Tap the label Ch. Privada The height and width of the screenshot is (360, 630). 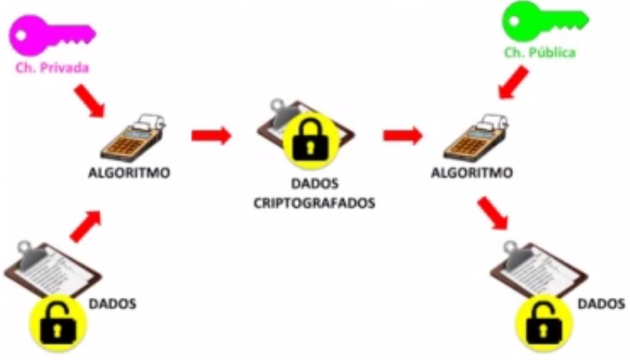[x=52, y=68]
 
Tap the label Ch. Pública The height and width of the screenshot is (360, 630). [x=539, y=53]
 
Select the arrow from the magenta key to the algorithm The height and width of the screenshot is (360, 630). [x=89, y=100]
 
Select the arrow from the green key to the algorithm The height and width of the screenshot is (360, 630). [x=511, y=83]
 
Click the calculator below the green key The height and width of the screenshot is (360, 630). [x=477, y=138]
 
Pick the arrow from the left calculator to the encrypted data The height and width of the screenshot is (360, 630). [x=211, y=135]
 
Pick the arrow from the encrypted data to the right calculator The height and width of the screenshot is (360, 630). [x=402, y=135]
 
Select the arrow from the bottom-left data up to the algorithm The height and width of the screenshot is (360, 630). [x=86, y=225]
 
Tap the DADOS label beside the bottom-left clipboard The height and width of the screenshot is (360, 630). [x=112, y=303]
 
